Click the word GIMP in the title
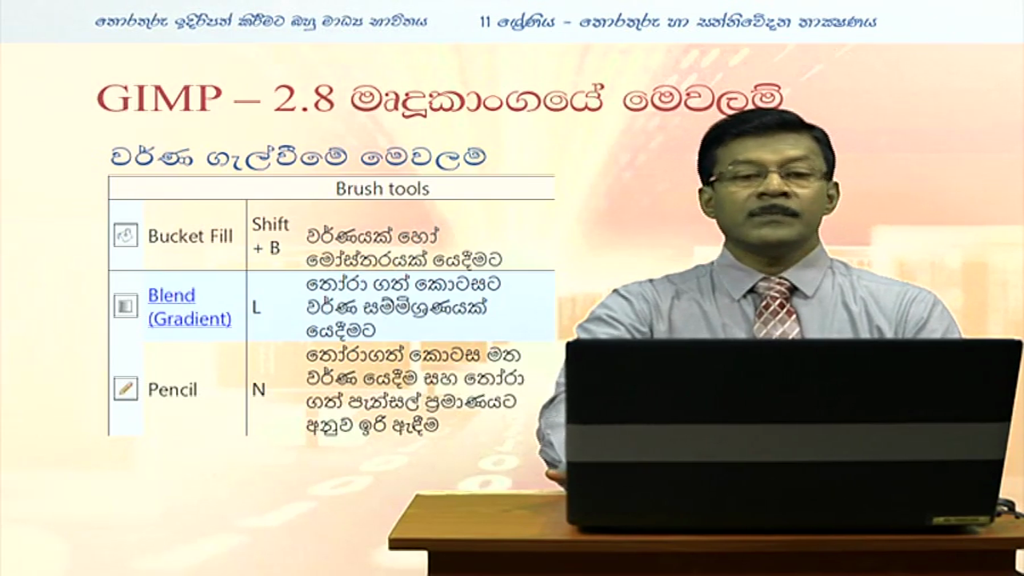coord(159,99)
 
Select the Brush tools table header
coord(382,189)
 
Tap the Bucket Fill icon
coord(126,235)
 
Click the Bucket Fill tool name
coord(190,236)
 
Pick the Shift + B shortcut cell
coord(270,236)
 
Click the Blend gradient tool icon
coord(126,306)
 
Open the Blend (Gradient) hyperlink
coord(190,306)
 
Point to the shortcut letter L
coord(256,308)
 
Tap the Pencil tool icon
coord(126,389)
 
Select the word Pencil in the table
coord(172,390)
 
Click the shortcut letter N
coord(258,390)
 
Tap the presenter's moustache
coord(771,211)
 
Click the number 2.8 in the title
coord(304,99)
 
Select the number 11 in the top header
coord(485,22)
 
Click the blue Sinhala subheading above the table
coord(298,156)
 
